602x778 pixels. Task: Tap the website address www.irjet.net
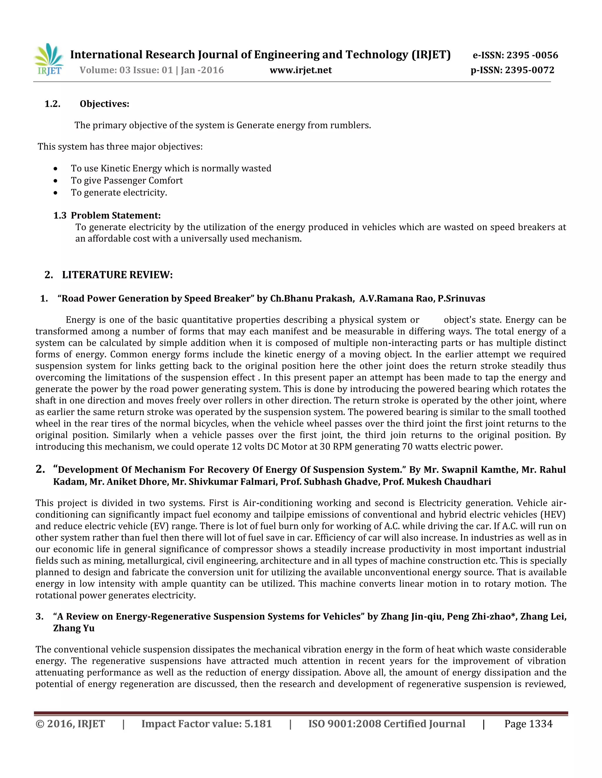coord(301,70)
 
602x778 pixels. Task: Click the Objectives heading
coord(104,104)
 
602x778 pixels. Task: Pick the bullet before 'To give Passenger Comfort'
coord(55,181)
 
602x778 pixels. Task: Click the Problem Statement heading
coord(116,215)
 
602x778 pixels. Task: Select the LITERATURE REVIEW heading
coord(117,275)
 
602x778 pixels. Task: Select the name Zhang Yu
coord(74,628)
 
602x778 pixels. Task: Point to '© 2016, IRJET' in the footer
coord(70,724)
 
